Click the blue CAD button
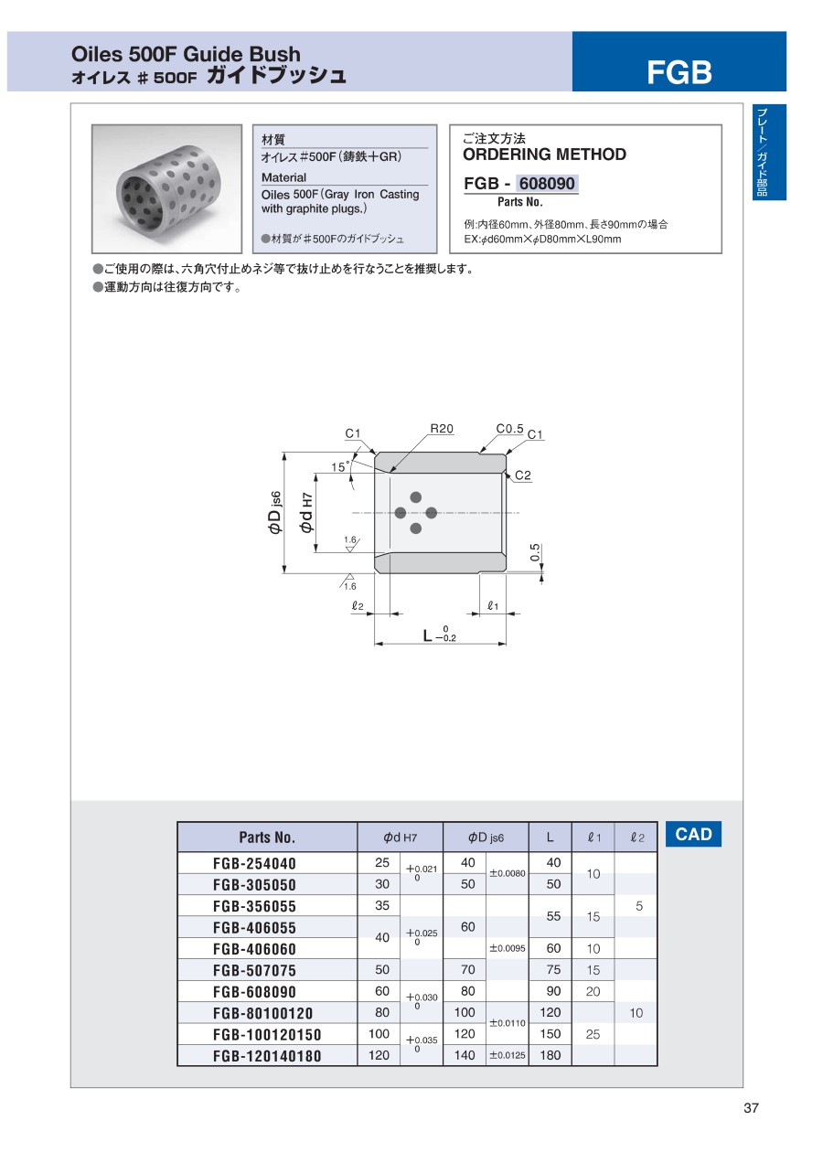click(693, 834)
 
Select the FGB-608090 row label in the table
click(254, 992)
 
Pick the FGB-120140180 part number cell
click(267, 1056)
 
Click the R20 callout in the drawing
click(443, 428)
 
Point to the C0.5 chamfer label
click(509, 428)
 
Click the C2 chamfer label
click(522, 475)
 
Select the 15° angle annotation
click(339, 467)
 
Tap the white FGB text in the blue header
click(679, 72)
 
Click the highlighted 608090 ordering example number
click(547, 184)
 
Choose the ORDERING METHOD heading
click(545, 155)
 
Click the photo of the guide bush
click(169, 188)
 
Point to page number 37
click(752, 1109)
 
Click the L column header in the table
click(550, 837)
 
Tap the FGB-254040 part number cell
click(254, 864)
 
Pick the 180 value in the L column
click(553, 1055)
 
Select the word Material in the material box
click(284, 177)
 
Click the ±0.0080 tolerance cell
click(508, 873)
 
